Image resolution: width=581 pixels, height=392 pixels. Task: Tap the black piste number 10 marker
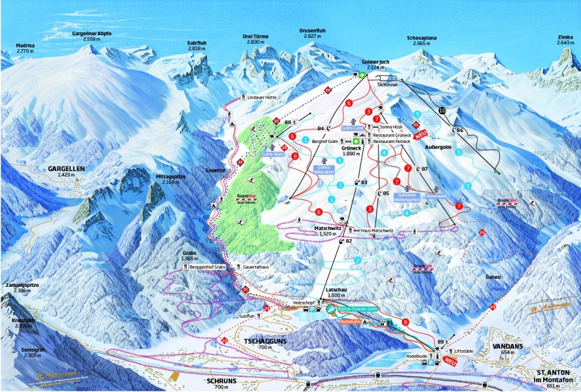coord(442,111)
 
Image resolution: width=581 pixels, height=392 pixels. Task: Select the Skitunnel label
coord(387,84)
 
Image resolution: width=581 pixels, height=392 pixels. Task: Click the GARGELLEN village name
coord(66,169)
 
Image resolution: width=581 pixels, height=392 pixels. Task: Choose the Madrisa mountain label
coord(25,47)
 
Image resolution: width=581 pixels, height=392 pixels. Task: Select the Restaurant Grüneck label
coord(392,135)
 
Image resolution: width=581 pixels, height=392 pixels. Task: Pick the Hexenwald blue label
coord(435,195)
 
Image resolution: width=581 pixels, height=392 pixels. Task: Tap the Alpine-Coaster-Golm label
coord(358,308)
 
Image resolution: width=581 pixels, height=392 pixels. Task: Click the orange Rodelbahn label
coord(351,321)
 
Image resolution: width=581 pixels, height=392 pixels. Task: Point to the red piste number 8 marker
coord(405,321)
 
